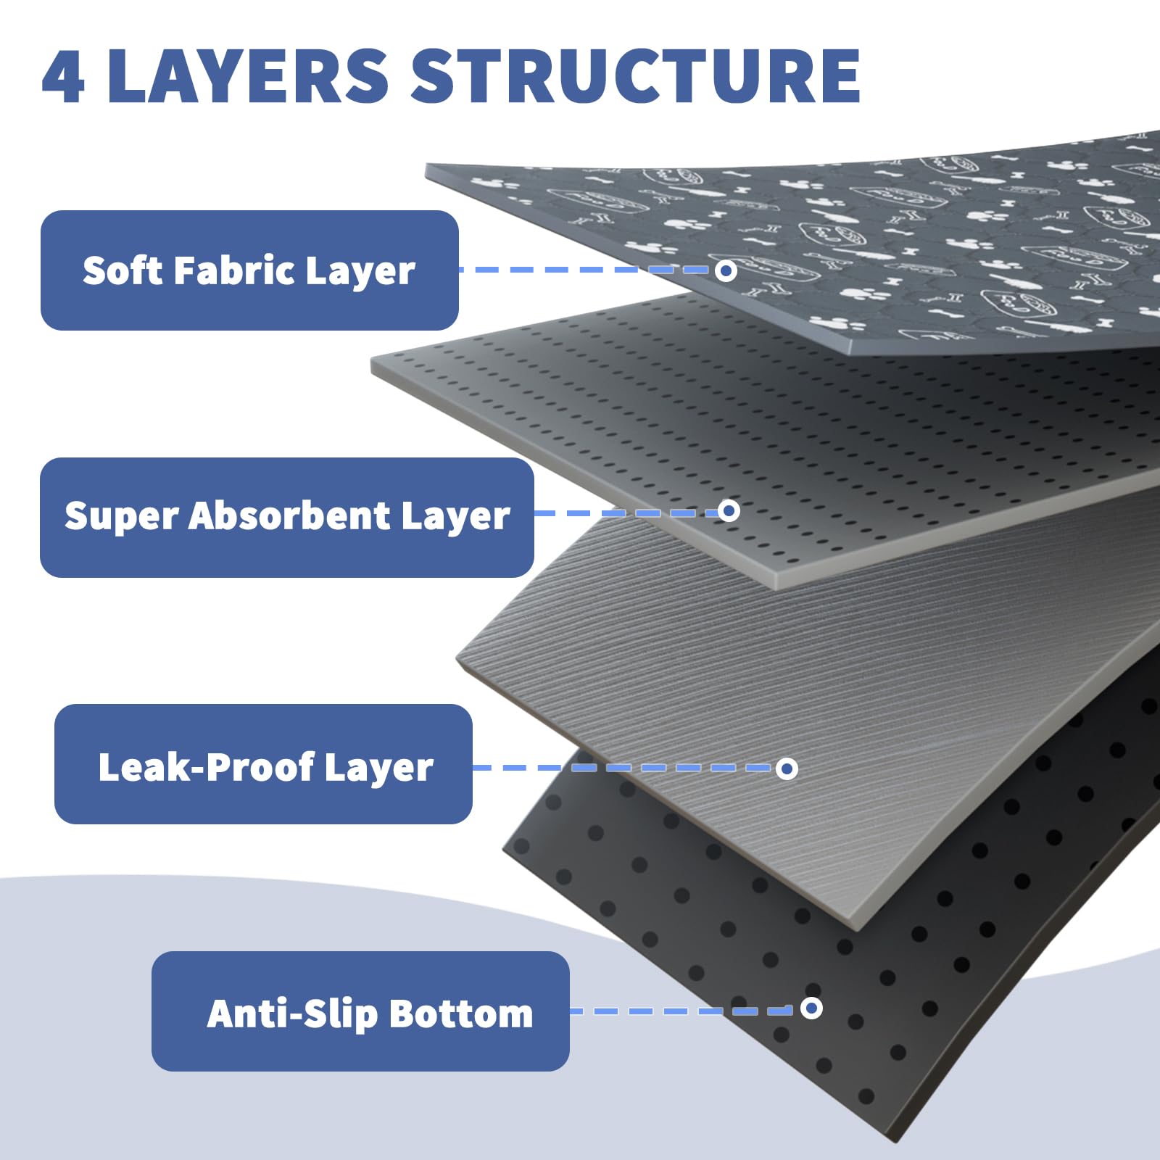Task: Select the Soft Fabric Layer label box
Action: tap(249, 270)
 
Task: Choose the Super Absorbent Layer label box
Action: tap(287, 517)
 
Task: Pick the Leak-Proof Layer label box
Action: tap(263, 763)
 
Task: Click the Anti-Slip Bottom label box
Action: tap(360, 1011)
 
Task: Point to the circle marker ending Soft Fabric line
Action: tap(726, 270)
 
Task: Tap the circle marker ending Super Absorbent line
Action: tap(729, 510)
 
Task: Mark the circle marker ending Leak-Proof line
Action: tap(787, 768)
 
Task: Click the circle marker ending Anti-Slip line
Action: tap(811, 1008)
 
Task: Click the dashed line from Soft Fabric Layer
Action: tap(587, 270)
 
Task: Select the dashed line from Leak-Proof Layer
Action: tap(624, 768)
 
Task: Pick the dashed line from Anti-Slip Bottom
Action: tap(685, 1011)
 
